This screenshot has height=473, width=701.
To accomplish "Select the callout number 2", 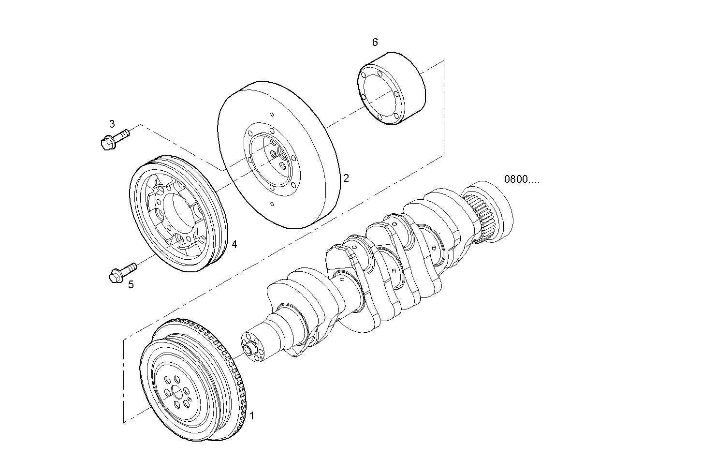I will pyautogui.click(x=346, y=178).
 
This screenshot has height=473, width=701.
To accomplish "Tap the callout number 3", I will pyautogui.click(x=112, y=124).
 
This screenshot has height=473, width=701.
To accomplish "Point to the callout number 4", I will pyautogui.click(x=234, y=244).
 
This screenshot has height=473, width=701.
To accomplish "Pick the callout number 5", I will pyautogui.click(x=131, y=284).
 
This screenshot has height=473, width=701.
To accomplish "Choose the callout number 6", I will pyautogui.click(x=375, y=42).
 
